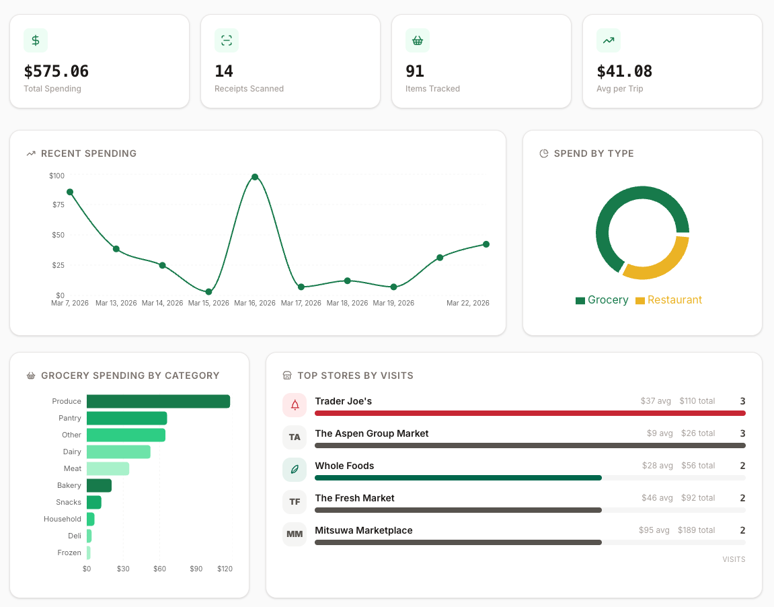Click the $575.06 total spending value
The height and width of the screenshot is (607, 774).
click(x=56, y=71)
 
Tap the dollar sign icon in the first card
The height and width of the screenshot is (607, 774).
click(x=36, y=40)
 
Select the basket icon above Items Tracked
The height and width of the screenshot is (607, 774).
click(x=418, y=40)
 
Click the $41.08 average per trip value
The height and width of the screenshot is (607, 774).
click(x=625, y=71)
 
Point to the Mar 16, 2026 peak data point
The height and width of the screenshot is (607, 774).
click(x=255, y=177)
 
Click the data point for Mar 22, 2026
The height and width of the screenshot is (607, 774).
click(x=486, y=244)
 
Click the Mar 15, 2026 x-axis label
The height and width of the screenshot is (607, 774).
click(x=208, y=303)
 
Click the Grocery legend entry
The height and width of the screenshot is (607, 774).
click(x=602, y=300)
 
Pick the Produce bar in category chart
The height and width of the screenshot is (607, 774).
click(x=158, y=401)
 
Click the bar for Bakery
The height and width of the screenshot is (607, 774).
click(x=99, y=485)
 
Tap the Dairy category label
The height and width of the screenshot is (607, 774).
click(x=72, y=452)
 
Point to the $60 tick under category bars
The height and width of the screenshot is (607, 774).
click(x=159, y=569)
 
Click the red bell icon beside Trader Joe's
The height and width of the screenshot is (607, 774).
click(x=295, y=405)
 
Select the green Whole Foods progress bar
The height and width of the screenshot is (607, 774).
click(x=458, y=478)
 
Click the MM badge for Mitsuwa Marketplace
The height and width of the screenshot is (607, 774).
click(x=295, y=534)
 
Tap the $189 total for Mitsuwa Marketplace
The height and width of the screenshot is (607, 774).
click(x=696, y=530)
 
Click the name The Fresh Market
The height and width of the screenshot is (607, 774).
click(x=354, y=498)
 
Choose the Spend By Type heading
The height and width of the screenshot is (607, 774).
click(x=593, y=153)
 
